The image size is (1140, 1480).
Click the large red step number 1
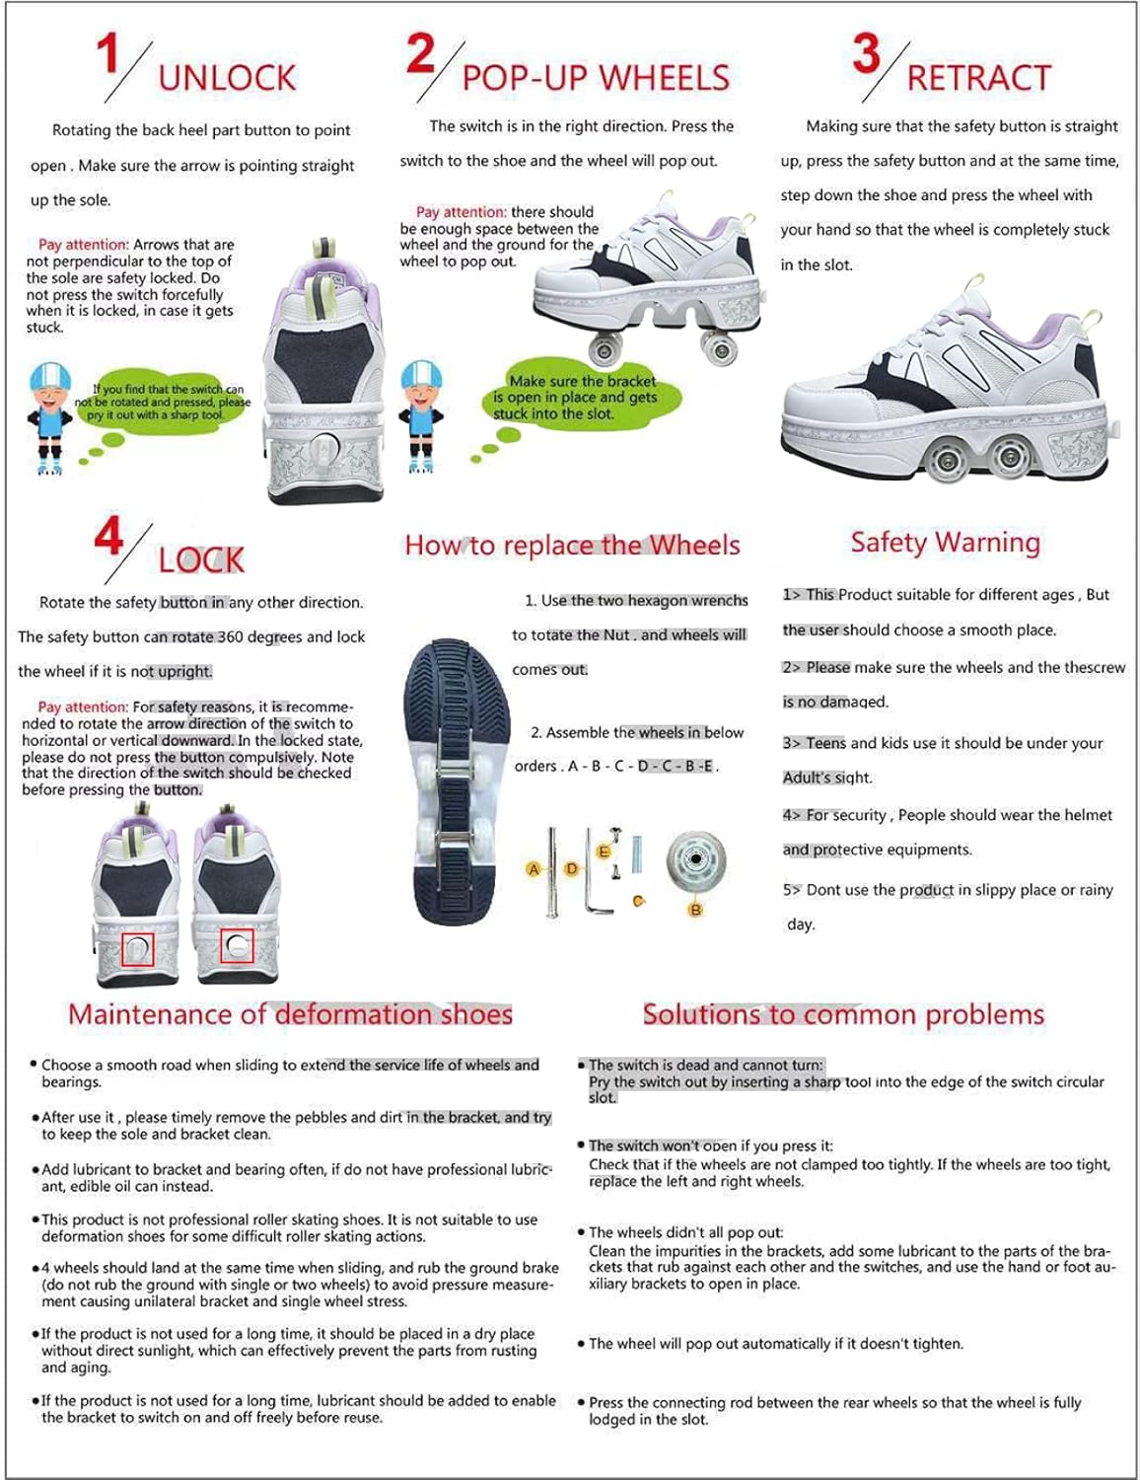(x=108, y=54)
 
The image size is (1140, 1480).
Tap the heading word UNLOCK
(x=227, y=78)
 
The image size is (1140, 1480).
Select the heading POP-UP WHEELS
(x=596, y=78)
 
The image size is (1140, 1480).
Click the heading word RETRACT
(x=978, y=78)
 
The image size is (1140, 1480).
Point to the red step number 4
(x=108, y=538)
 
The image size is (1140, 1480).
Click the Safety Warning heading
(x=945, y=543)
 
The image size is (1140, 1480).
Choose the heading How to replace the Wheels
(x=572, y=546)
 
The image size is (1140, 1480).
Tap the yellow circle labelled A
(x=534, y=869)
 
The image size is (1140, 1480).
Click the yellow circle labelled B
(x=695, y=910)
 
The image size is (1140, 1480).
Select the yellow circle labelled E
(x=605, y=851)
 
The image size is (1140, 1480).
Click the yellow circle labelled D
(x=571, y=869)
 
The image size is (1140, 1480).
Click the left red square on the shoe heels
(x=136, y=949)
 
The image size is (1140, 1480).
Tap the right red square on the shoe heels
(x=237, y=946)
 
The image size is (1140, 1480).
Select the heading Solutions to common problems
(x=843, y=1014)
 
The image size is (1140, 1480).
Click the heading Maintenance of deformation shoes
(x=290, y=1014)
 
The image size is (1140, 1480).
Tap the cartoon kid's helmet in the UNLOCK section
(x=50, y=376)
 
